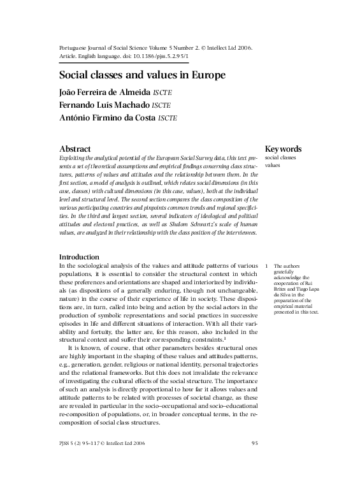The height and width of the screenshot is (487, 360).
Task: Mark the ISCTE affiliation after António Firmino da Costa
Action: click(x=168, y=119)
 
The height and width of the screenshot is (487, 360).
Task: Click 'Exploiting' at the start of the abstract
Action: click(x=73, y=157)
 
